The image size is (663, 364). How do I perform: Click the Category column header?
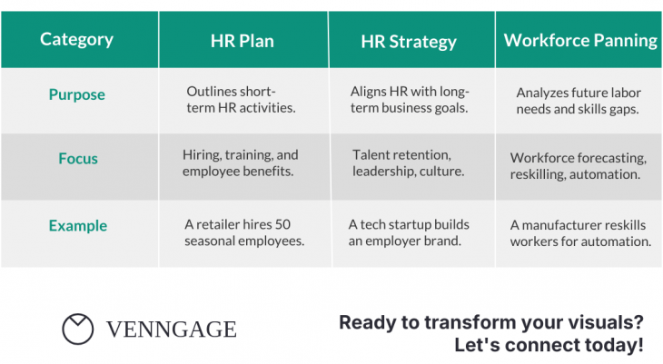coord(77,39)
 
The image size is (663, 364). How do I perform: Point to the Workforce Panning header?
coord(580,41)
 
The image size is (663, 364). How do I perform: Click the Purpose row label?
coord(77,94)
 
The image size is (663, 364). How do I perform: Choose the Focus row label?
coord(78,158)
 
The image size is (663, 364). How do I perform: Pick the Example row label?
coord(77,225)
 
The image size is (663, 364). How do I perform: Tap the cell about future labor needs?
coord(580,100)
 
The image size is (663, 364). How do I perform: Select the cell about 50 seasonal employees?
coord(243,232)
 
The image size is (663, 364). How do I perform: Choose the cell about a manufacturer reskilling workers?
coord(580,233)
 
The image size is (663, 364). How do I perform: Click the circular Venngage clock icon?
coord(78,330)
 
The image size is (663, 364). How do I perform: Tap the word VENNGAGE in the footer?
coord(171,330)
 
